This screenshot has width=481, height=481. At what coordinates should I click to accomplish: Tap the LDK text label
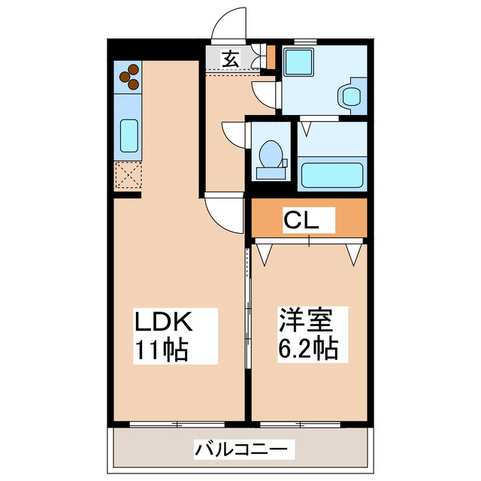(165, 323)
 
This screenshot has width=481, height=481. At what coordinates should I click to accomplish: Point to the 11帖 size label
(162, 349)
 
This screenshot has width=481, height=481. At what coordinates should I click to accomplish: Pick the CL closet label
(303, 221)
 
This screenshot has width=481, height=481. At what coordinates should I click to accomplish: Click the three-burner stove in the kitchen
(129, 75)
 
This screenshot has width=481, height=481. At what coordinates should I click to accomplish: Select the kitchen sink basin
(129, 137)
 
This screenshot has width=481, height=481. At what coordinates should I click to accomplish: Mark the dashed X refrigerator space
(128, 177)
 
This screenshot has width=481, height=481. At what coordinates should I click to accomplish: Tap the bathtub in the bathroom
(331, 176)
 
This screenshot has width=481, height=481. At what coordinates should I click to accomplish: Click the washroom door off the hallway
(265, 95)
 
